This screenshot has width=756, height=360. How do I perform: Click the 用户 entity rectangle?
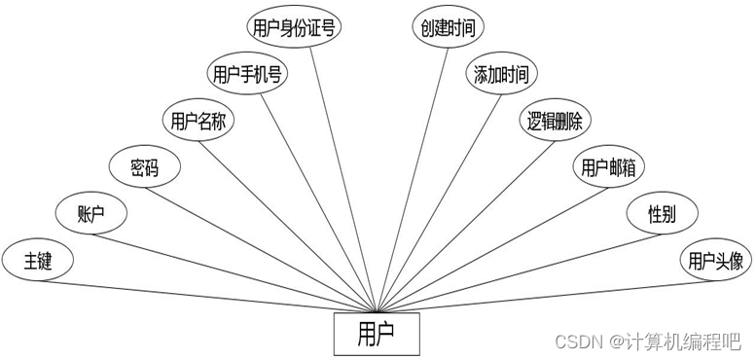pos(377,333)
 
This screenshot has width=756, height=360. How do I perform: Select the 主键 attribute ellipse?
pos(38,260)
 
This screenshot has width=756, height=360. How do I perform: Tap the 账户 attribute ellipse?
pos(91,214)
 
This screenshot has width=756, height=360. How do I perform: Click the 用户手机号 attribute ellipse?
pos(249,74)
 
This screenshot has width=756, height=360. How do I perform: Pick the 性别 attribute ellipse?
pos(662,214)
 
